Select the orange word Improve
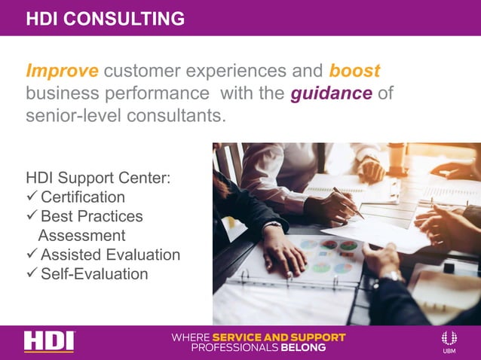[x=62, y=71]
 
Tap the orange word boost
[x=354, y=71]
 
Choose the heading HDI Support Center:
[x=98, y=178]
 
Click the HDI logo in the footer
[x=49, y=341]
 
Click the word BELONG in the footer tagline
[x=300, y=348]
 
